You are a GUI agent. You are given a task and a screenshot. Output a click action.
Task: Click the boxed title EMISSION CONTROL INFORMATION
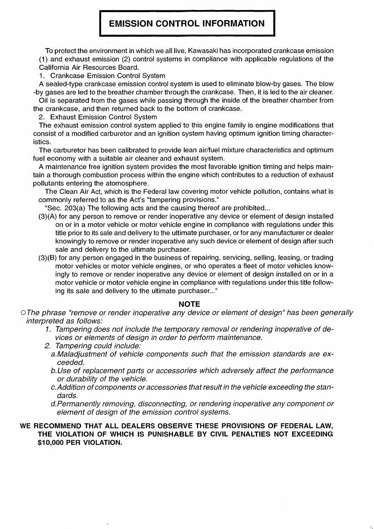point(187,23)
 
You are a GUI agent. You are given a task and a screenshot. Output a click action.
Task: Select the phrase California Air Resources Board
point(89,67)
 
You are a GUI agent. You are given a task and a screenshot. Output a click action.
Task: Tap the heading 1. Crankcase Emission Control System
point(102,76)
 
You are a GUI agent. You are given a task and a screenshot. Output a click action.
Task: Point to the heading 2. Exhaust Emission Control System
point(98,117)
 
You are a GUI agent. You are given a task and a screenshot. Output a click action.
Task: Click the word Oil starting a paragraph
point(44,100)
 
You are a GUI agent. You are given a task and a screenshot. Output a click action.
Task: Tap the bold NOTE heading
point(189,304)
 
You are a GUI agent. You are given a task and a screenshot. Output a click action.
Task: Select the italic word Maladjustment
point(82,354)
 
